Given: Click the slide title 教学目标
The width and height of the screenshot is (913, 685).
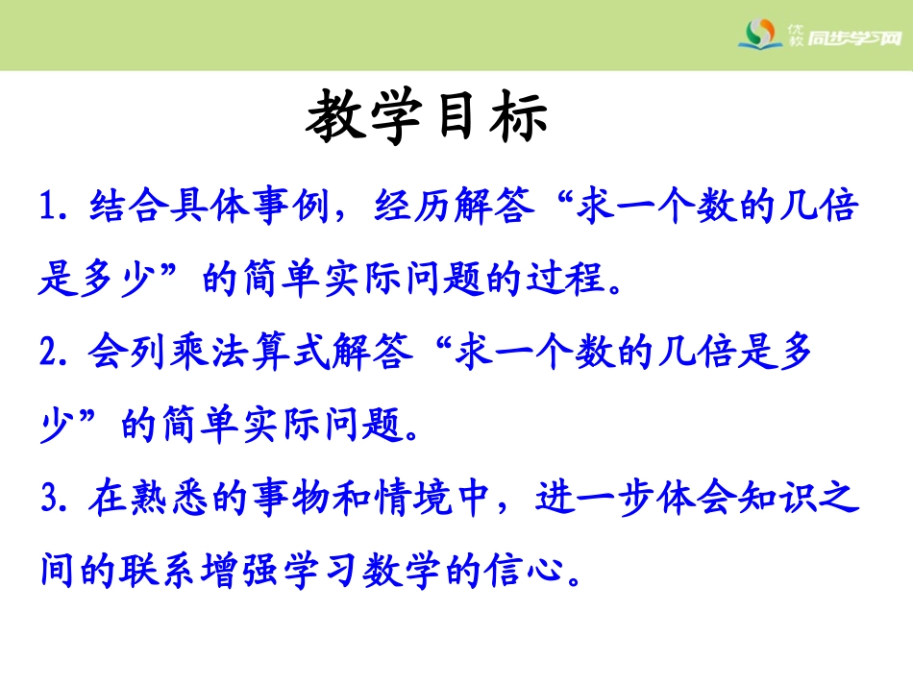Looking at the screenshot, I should (x=428, y=119).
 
